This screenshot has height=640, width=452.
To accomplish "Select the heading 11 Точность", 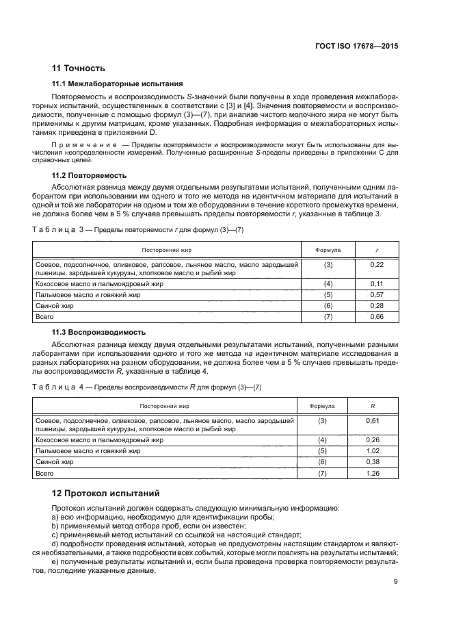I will pos(79,68).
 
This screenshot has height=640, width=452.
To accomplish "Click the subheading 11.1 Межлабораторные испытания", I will pos(108,83).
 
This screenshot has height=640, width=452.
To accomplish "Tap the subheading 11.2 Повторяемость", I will pos(88,176).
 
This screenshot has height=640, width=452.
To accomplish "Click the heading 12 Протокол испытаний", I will pos(107,493).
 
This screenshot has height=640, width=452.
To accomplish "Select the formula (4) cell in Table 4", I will pos(323,439).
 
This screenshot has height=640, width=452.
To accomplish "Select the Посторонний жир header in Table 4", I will pos(165,406).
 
